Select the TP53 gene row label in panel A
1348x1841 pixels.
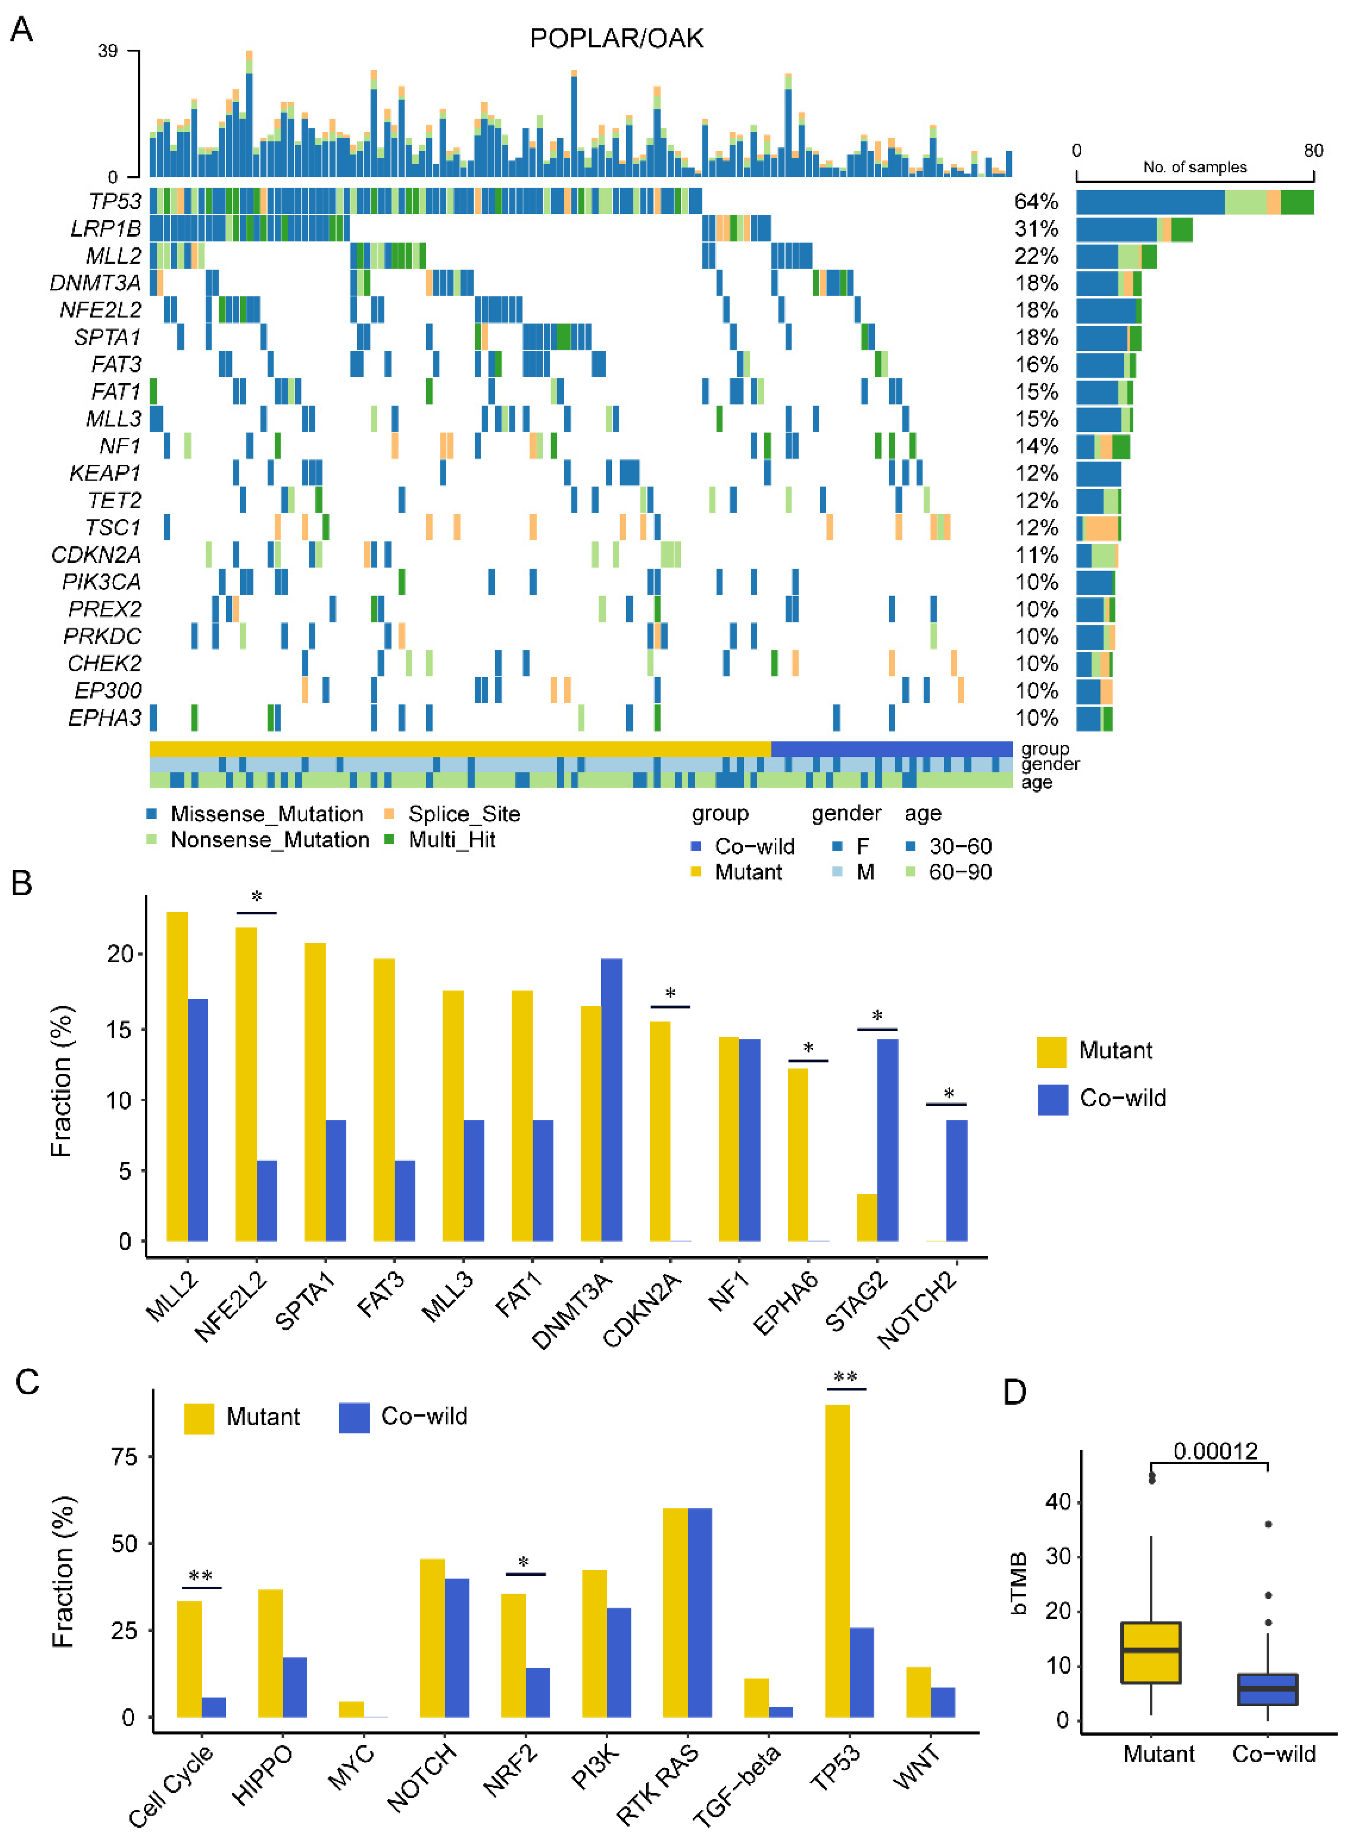point(115,202)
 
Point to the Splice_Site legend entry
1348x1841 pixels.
point(463,814)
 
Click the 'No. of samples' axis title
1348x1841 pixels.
point(1195,167)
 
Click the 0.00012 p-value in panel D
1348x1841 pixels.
point(1215,1451)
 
